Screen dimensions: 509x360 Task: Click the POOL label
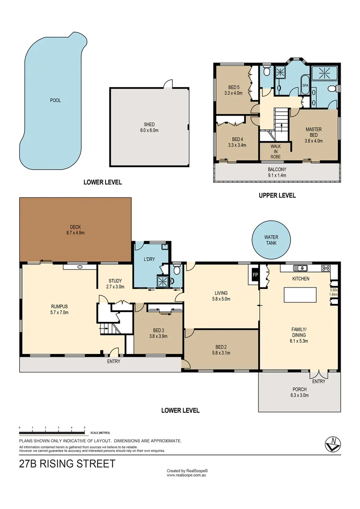tap(56, 100)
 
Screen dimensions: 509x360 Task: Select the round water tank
tap(270, 240)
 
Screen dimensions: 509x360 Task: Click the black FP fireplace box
tap(255, 275)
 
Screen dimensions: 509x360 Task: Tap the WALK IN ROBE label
tap(275, 151)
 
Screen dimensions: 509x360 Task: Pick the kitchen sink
tap(300, 268)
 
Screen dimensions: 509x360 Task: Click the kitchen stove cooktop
tap(326, 268)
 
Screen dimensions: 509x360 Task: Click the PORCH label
tap(299, 389)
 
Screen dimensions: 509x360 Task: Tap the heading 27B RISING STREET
tap(67, 463)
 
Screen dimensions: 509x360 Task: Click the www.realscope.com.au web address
tap(187, 475)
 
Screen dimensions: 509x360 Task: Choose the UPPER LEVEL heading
tap(277, 195)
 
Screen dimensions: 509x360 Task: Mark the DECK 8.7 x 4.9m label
tap(75, 227)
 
